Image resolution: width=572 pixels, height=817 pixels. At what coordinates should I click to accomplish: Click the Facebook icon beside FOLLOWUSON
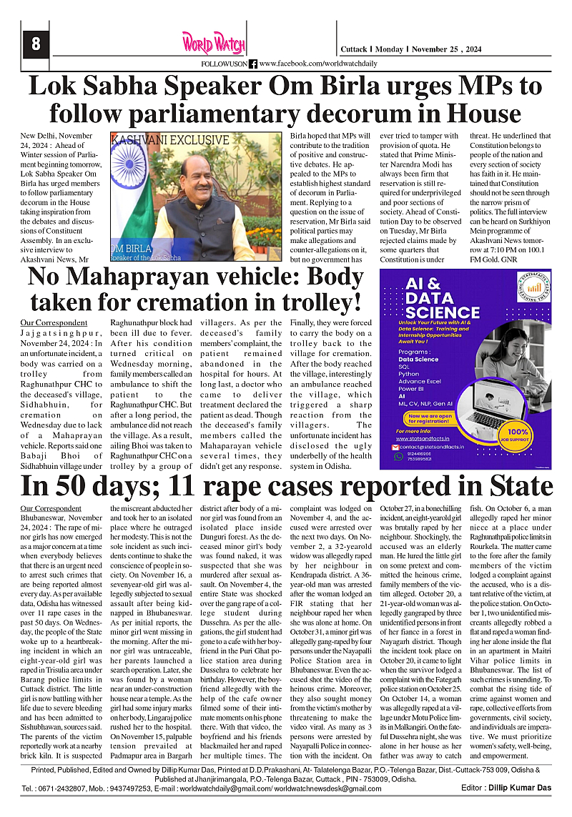pos(253,64)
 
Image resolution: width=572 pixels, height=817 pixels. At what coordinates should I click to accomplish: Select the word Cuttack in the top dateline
pos(353,49)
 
